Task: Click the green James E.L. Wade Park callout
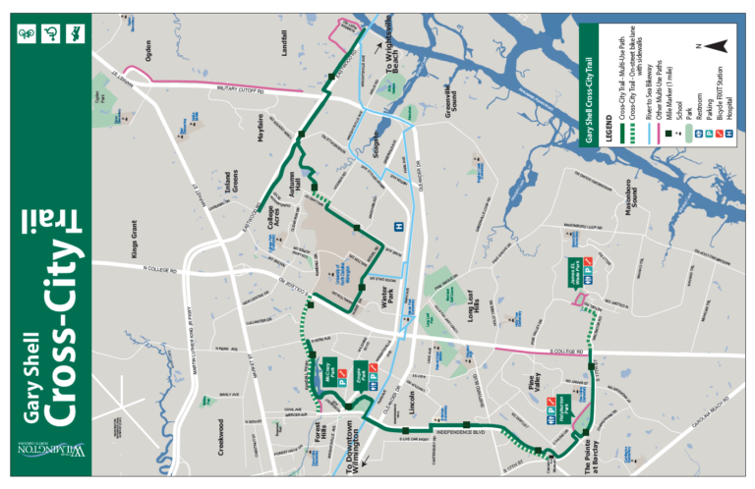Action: coord(575,271)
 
